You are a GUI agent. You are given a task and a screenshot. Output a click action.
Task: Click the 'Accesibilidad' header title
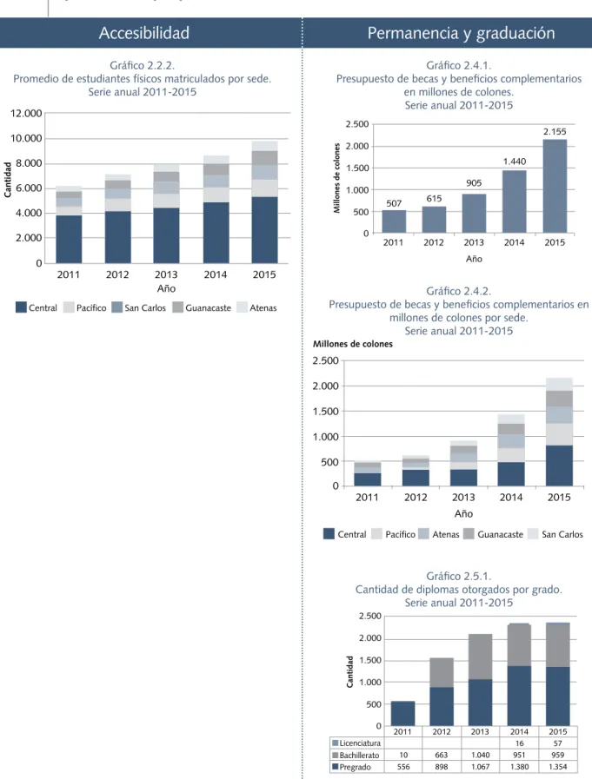(143, 33)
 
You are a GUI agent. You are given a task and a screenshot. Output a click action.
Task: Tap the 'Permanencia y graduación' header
(461, 33)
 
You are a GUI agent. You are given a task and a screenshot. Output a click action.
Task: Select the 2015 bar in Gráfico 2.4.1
(555, 187)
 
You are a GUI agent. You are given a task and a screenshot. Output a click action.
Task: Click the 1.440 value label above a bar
(515, 162)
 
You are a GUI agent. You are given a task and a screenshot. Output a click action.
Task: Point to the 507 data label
(394, 203)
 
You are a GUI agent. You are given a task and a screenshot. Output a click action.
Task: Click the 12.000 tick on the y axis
(26, 113)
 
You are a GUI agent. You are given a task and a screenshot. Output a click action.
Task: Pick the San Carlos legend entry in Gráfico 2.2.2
(139, 307)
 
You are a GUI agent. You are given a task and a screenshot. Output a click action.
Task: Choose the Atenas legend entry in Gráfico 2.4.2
(439, 534)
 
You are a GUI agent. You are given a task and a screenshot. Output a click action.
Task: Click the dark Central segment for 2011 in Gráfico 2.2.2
(69, 239)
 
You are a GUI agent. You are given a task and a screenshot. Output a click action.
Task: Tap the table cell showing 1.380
(519, 767)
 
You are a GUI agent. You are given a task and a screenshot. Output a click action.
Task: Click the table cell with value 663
(442, 756)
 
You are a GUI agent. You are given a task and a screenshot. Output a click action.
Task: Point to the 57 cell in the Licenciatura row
(558, 743)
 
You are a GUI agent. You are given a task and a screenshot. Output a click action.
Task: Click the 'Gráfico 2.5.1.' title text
(458, 577)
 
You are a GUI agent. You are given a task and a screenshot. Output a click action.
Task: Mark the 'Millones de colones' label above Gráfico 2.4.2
(353, 344)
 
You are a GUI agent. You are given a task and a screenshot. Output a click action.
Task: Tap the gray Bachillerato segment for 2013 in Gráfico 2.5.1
(480, 657)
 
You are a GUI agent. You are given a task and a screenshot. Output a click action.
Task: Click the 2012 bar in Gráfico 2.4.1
(434, 220)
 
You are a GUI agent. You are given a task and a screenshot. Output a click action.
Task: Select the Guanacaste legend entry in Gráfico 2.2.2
(202, 307)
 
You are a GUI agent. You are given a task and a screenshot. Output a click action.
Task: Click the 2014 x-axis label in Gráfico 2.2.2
(216, 274)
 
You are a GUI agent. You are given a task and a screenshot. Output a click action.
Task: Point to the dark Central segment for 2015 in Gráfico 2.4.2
(559, 465)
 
